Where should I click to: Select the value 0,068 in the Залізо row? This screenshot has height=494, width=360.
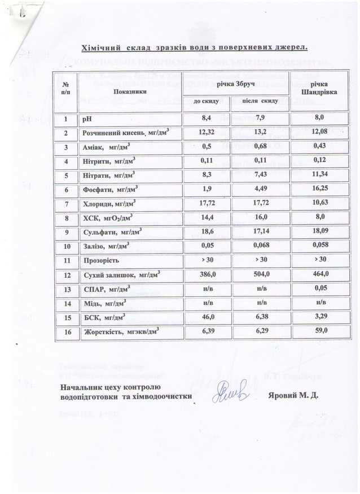pos(260,246)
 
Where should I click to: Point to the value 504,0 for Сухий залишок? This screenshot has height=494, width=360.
pos(260,274)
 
